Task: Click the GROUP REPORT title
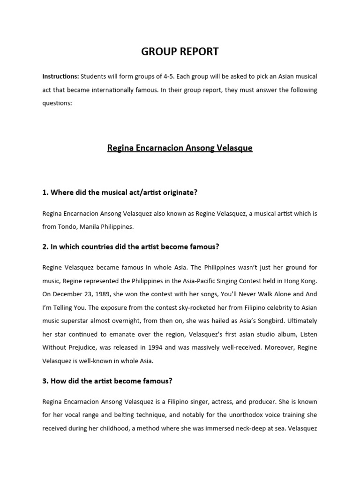[x=180, y=52]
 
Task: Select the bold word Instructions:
[x=60, y=76]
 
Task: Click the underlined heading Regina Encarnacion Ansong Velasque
[x=180, y=148]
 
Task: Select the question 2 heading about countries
[x=131, y=247]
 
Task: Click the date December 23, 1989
[x=80, y=294]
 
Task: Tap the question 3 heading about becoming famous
[x=107, y=381]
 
